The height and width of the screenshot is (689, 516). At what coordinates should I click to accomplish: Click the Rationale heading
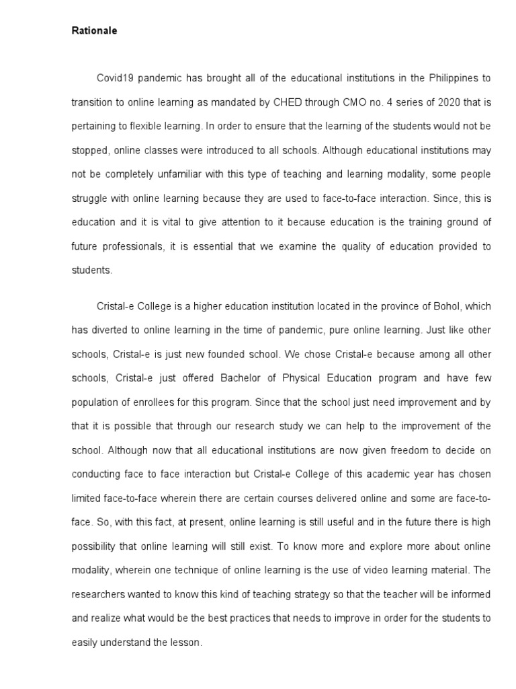coord(94,31)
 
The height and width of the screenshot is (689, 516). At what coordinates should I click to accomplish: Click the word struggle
coord(90,198)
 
